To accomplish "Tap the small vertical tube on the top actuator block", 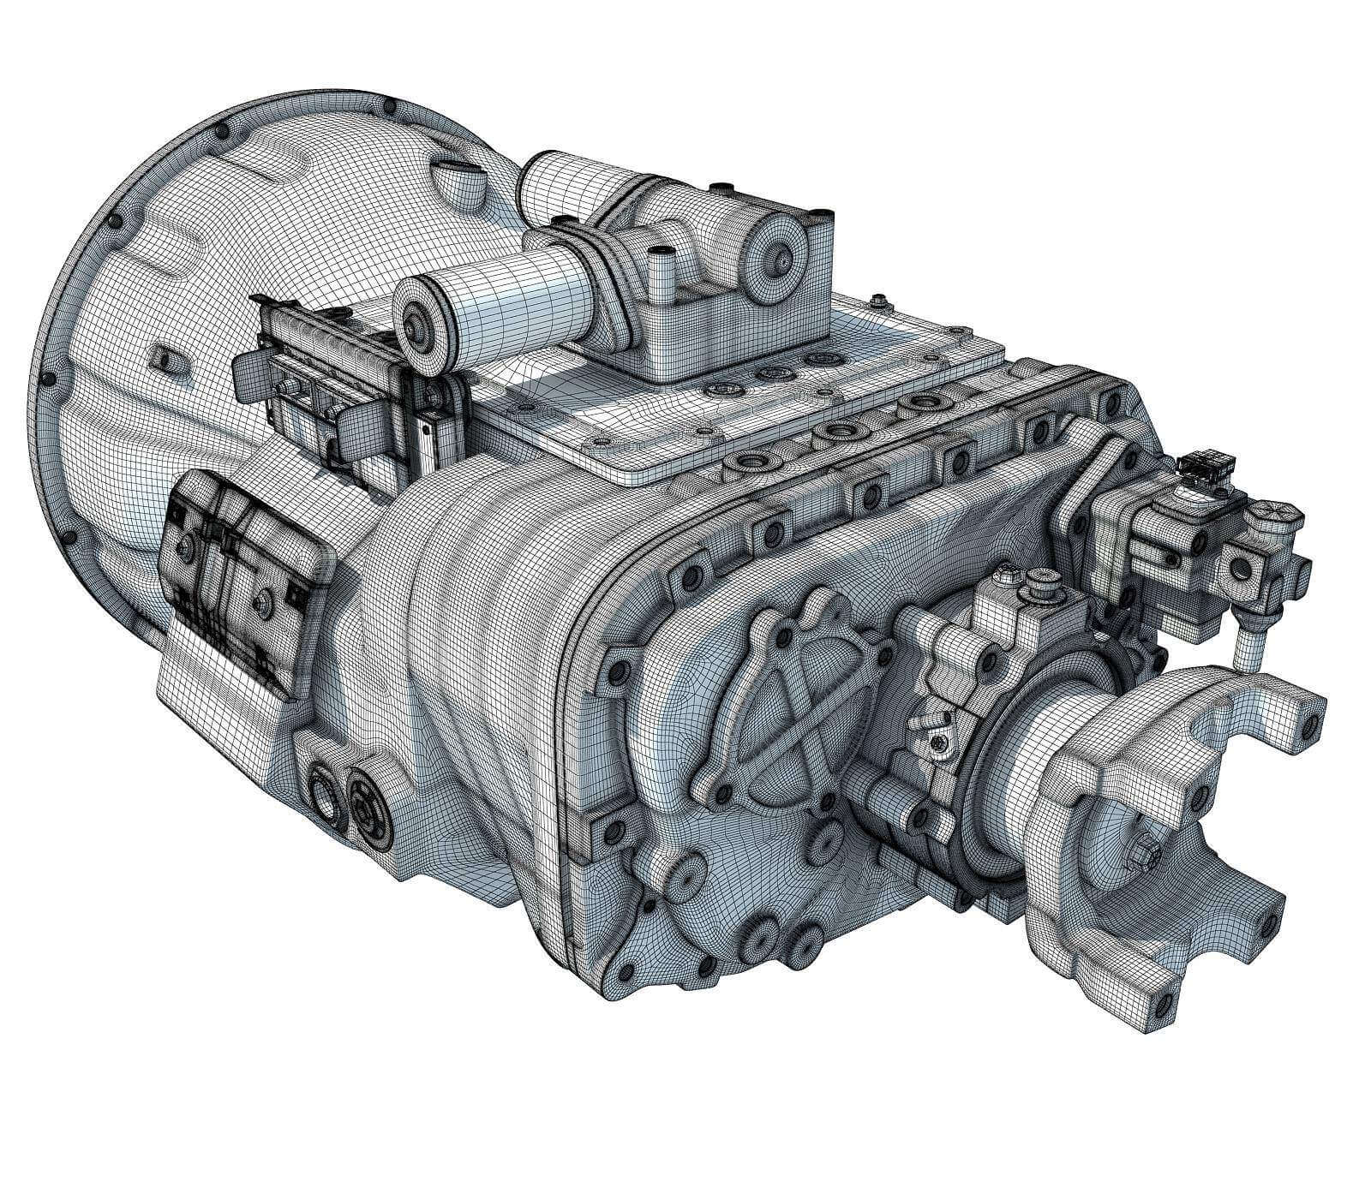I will [661, 270].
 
